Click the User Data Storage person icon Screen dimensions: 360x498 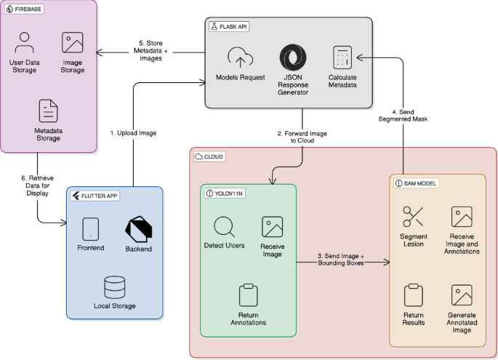[x=24, y=42]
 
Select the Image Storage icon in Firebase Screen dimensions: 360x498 [x=72, y=41]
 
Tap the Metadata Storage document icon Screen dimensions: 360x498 [x=48, y=110]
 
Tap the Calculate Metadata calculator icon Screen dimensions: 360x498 [x=342, y=57]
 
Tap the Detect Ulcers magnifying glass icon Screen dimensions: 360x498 [x=223, y=228]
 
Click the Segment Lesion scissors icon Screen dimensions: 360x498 [x=413, y=217]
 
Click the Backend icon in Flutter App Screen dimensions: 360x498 [x=138, y=229]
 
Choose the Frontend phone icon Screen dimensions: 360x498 [x=91, y=229]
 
